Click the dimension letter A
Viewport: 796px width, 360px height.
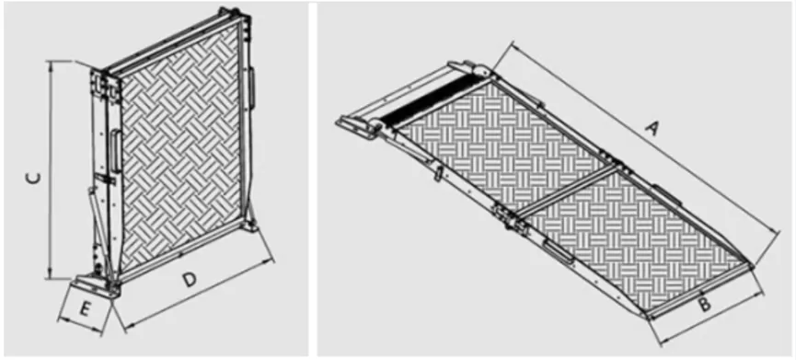(x=654, y=131)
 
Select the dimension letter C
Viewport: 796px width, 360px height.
(x=31, y=177)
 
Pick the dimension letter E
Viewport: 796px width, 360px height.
(x=84, y=310)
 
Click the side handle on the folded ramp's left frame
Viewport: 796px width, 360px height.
(x=115, y=150)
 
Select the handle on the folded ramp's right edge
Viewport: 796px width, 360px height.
(x=250, y=88)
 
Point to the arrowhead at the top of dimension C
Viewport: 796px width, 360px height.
(x=51, y=64)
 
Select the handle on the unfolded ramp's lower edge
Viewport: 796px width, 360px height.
(x=556, y=248)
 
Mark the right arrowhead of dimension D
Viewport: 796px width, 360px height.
(x=275, y=257)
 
